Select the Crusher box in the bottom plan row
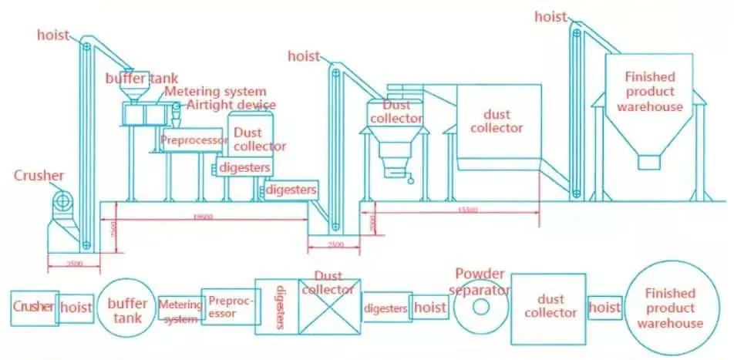(34, 307)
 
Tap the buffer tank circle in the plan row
(127, 307)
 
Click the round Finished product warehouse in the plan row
(669, 308)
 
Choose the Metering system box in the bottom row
(179, 308)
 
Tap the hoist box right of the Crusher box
(76, 307)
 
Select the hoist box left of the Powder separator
(429, 307)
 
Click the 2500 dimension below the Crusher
(73, 263)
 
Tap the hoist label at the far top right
(550, 17)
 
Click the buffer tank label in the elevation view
(142, 78)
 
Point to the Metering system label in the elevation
(216, 92)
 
